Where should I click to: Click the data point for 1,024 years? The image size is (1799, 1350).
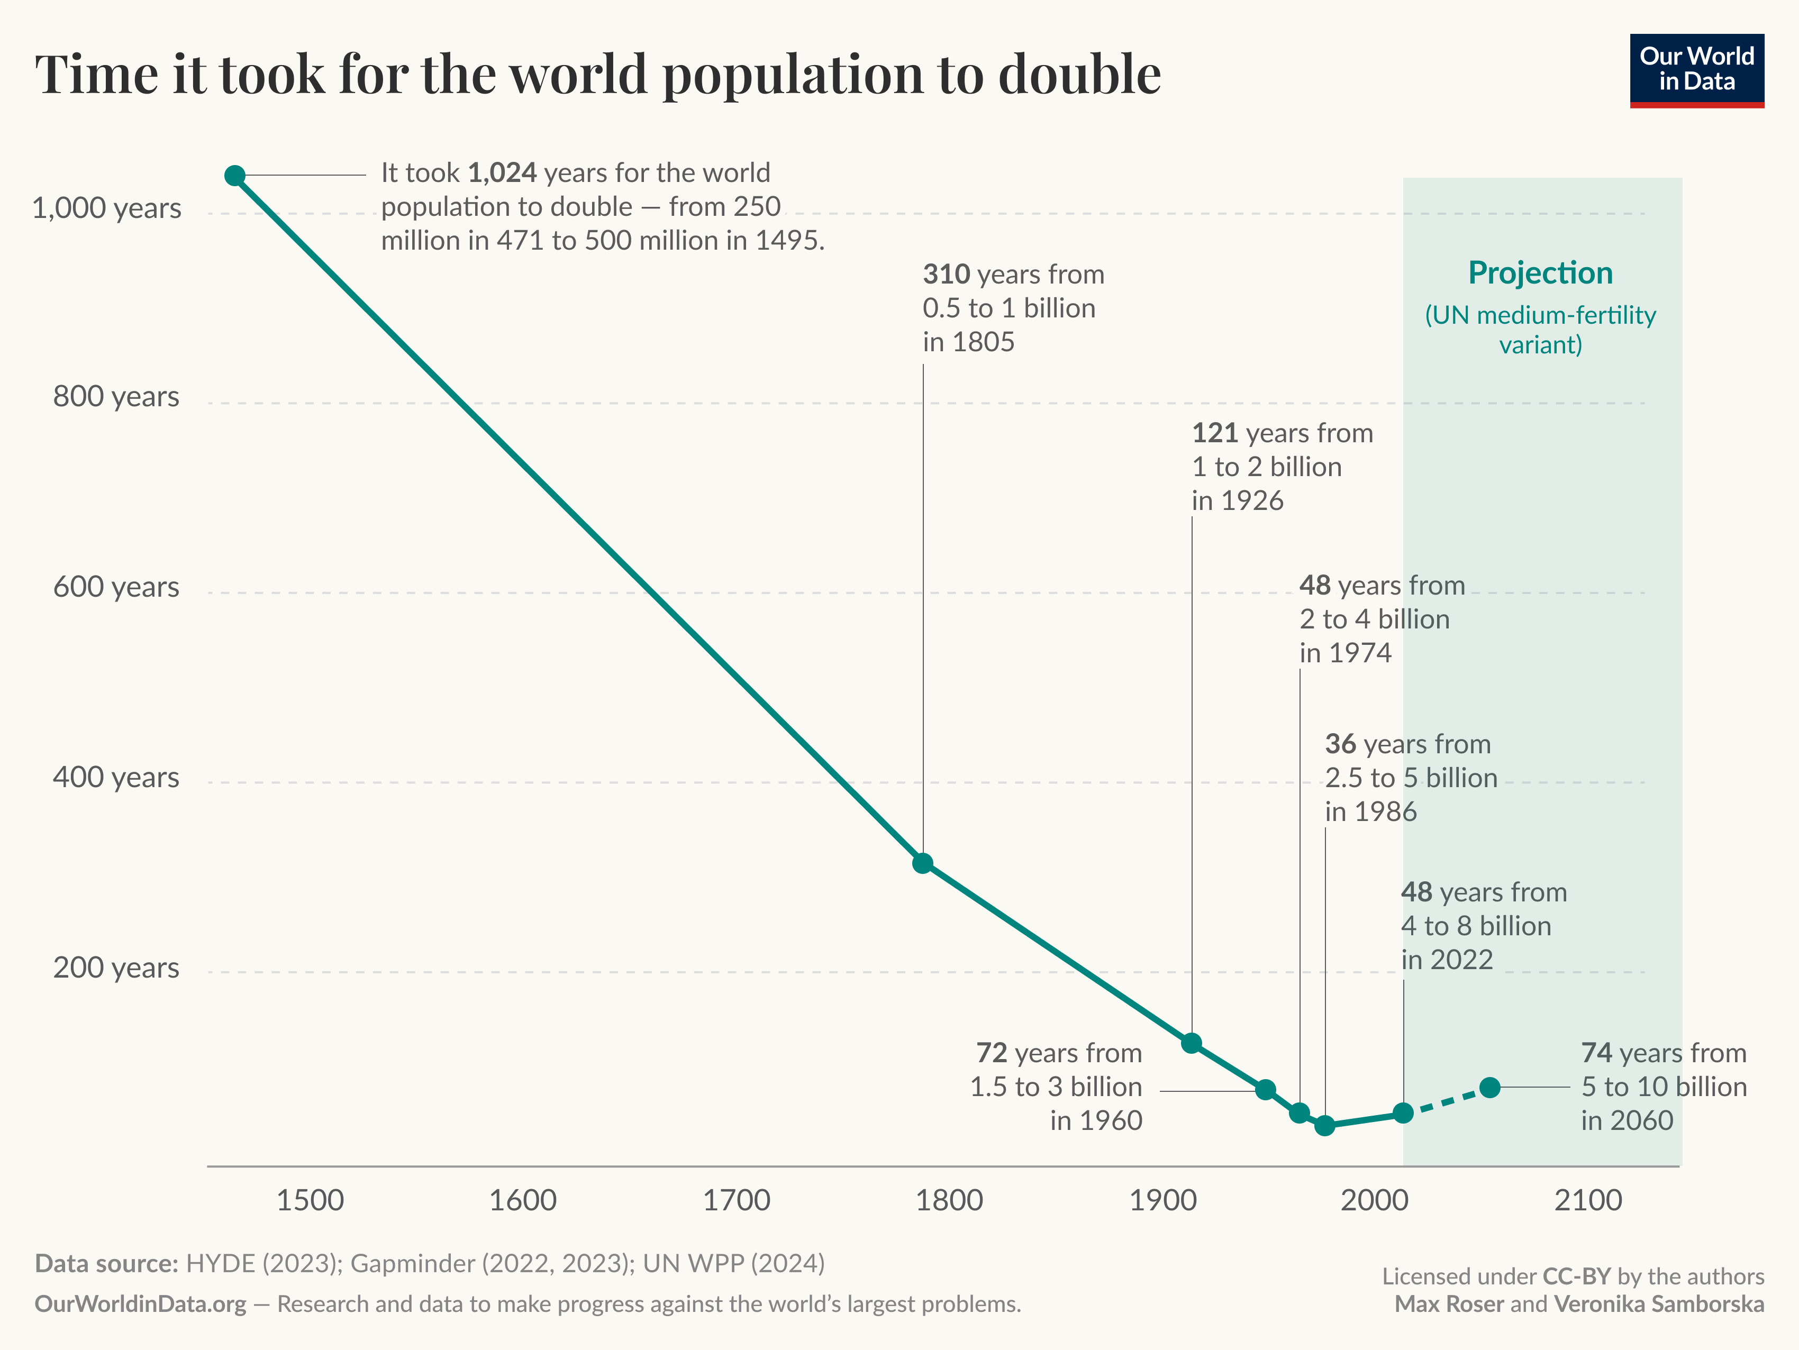tap(235, 176)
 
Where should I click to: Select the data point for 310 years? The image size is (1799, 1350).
tap(922, 863)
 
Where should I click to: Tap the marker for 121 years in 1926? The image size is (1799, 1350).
tap(1192, 1043)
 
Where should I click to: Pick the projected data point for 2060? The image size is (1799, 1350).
tap(1490, 1087)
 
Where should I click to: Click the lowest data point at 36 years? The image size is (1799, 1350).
tap(1325, 1126)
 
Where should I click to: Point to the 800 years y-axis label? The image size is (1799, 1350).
tap(116, 397)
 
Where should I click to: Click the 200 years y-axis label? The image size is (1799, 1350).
tap(116, 968)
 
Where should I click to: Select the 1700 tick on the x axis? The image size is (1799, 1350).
tap(736, 1200)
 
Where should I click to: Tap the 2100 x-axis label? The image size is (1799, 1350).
tap(1587, 1200)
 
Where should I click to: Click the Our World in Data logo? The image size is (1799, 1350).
tap(1696, 70)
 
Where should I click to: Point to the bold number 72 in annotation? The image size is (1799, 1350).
tap(992, 1053)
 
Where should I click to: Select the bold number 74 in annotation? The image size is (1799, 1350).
tap(1596, 1053)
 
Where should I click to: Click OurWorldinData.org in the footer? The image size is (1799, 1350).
tap(140, 1305)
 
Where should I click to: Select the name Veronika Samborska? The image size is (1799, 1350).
tap(1659, 1305)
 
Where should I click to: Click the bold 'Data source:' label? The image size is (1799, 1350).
tap(106, 1264)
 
